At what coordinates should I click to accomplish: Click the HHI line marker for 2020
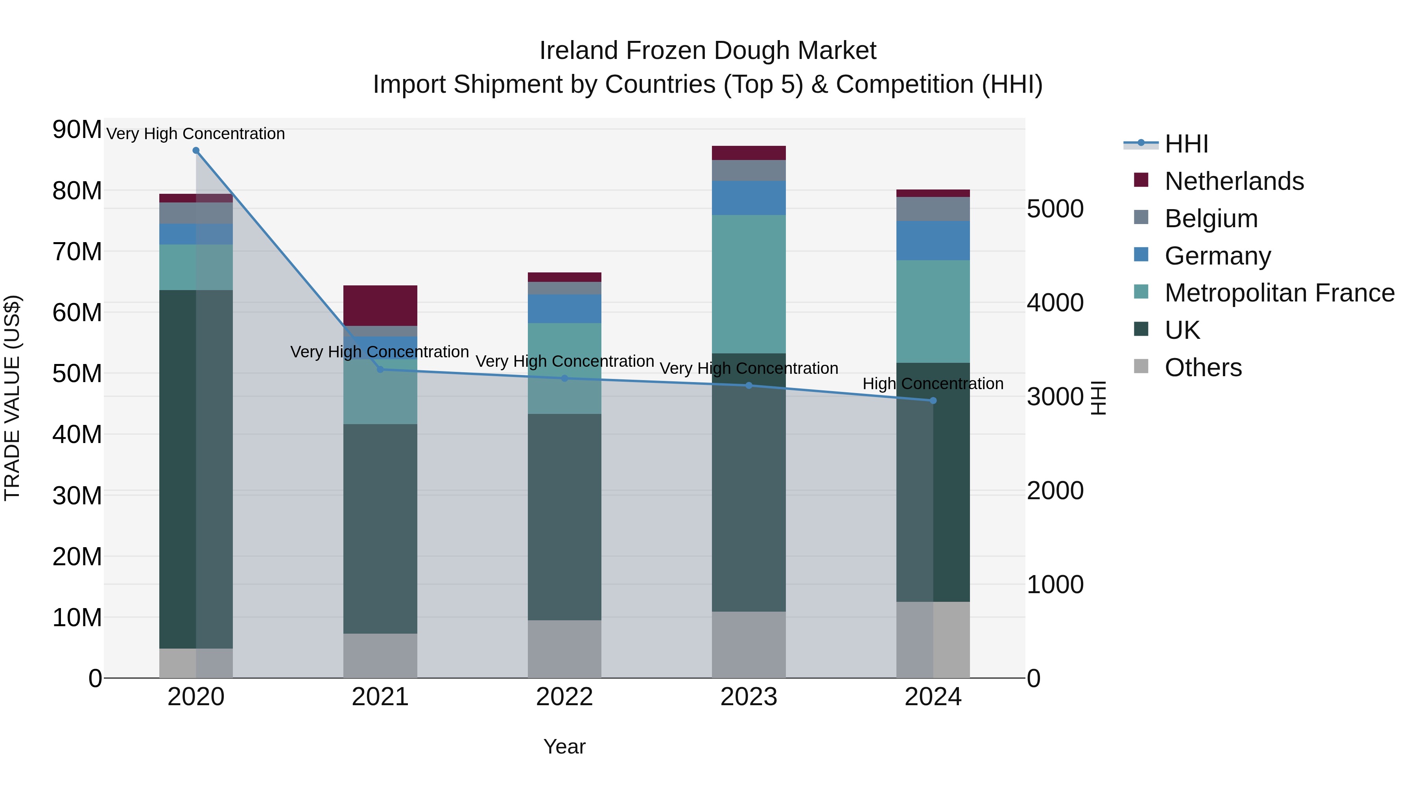pyautogui.click(x=196, y=151)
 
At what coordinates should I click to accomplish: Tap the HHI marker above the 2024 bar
pyautogui.click(x=933, y=401)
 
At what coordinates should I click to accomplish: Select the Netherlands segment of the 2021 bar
pyautogui.click(x=380, y=305)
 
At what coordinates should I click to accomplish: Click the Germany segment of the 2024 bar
pyautogui.click(x=933, y=241)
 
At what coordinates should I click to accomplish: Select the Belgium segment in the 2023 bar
pyautogui.click(x=749, y=170)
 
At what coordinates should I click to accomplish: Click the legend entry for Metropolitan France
pyautogui.click(x=1279, y=293)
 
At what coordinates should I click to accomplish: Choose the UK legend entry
pyautogui.click(x=1182, y=330)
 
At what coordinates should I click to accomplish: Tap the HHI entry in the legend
pyautogui.click(x=1186, y=144)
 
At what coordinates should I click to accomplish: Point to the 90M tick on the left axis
pyautogui.click(x=77, y=130)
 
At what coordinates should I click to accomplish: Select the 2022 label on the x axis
pyautogui.click(x=564, y=697)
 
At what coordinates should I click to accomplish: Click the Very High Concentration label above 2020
pyautogui.click(x=196, y=134)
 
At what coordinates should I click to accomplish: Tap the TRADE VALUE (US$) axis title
pyautogui.click(x=12, y=398)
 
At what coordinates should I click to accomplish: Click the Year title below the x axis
pyautogui.click(x=564, y=746)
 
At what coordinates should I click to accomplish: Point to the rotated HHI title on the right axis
pyautogui.click(x=1098, y=398)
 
